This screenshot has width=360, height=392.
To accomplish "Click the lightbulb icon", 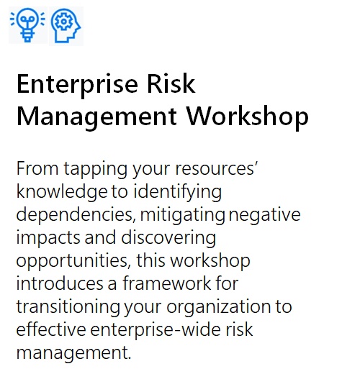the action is (27, 25).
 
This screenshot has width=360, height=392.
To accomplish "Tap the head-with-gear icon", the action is (66, 26).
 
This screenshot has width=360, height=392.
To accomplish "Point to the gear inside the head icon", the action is (63, 22).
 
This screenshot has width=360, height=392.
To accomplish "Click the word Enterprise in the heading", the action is (77, 85).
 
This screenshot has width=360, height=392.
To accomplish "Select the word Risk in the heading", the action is (171, 83).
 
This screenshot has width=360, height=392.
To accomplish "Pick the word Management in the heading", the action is (96, 117).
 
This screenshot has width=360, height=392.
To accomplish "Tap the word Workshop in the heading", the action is (248, 117).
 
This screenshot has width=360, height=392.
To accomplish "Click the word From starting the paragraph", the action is (37, 168).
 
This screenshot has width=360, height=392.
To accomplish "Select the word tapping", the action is (96, 170).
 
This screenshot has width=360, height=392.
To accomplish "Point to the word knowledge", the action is (62, 193).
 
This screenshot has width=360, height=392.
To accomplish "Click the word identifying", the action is (178, 193).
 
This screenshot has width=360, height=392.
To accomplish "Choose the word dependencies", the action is (76, 216).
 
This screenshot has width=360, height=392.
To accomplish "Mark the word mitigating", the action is (183, 216).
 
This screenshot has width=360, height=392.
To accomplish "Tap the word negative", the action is (265, 216).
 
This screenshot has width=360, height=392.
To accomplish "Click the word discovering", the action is (168, 237).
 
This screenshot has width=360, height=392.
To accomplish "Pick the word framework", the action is (167, 283).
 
